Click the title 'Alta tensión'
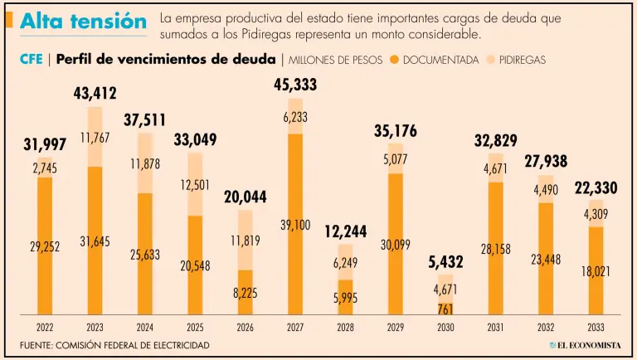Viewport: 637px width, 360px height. [82, 22]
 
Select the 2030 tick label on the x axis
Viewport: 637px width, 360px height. [445, 327]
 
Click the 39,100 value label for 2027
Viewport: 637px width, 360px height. [294, 224]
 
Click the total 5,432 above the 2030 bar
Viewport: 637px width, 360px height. [445, 263]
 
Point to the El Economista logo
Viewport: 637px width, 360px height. [585, 345]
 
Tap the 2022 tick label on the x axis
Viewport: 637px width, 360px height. [44, 327]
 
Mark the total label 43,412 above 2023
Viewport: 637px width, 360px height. [94, 94]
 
